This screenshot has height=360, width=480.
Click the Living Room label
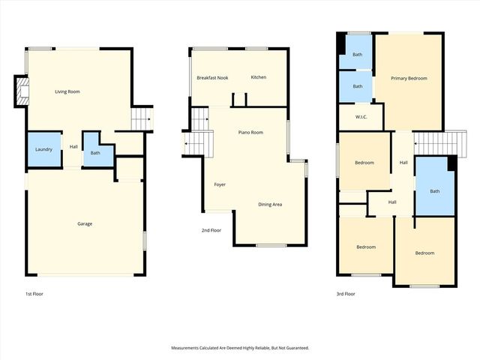(67, 91)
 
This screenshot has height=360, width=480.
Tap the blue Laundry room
(43, 149)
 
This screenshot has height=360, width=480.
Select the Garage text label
(84, 223)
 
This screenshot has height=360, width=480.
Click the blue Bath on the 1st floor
(95, 153)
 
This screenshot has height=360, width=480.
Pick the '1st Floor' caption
(34, 294)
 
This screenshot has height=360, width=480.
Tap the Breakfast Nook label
(212, 78)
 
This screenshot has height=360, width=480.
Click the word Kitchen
(259, 77)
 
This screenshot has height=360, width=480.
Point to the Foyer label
(220, 184)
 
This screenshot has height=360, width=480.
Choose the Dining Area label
(270, 204)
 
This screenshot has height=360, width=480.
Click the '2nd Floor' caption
(211, 230)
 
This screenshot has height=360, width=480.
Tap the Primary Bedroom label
(409, 78)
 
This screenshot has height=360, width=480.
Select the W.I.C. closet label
(360, 117)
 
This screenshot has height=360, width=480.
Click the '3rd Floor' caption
(346, 294)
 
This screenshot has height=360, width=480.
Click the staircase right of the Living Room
(142, 118)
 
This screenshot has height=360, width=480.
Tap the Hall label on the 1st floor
(74, 147)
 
